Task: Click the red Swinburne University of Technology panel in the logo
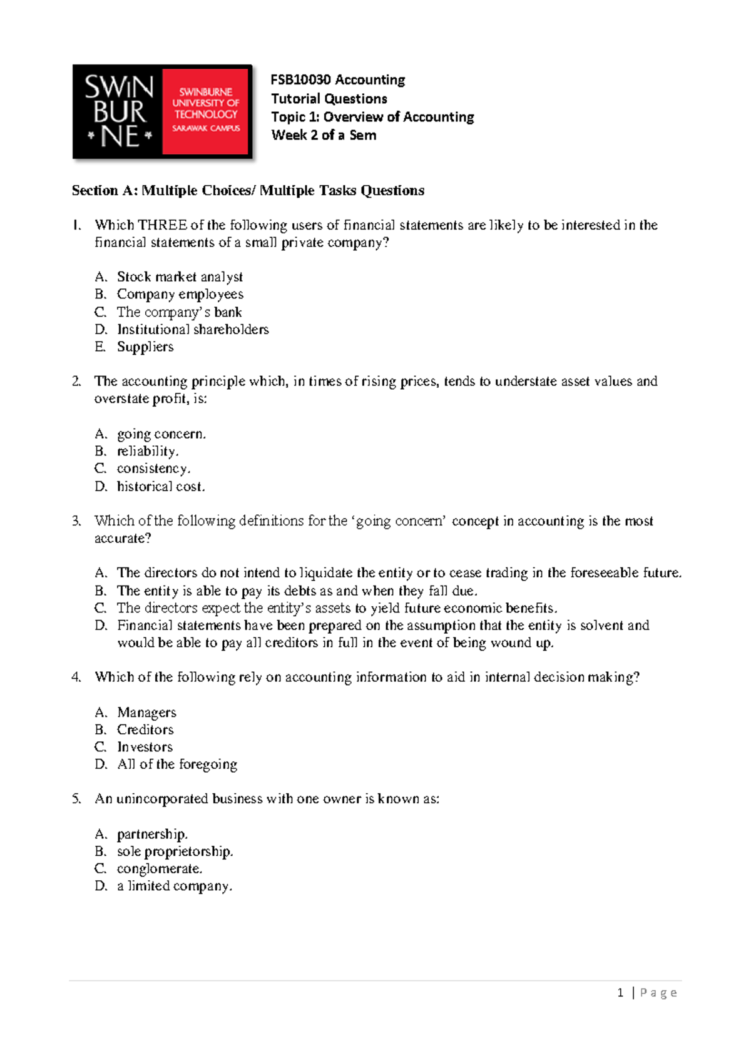(x=205, y=111)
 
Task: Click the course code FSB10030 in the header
(x=301, y=80)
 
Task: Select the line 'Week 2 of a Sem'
(x=324, y=135)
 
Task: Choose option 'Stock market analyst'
(x=180, y=277)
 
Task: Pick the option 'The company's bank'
(x=179, y=312)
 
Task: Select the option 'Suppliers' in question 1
(x=145, y=347)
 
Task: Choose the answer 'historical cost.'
(x=161, y=486)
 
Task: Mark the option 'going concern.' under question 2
(x=161, y=434)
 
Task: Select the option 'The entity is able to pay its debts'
(x=297, y=591)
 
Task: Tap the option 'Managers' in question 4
(x=146, y=712)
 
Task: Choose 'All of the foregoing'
(x=177, y=764)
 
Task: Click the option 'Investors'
(x=145, y=747)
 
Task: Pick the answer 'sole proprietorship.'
(x=175, y=851)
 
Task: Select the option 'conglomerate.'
(x=159, y=868)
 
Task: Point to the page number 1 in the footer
(x=620, y=993)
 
